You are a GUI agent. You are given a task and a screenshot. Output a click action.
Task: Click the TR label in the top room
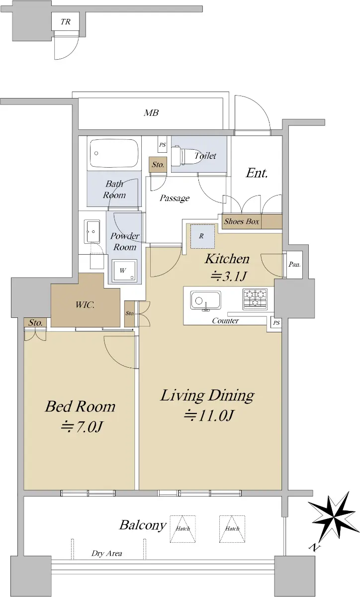click(x=66, y=21)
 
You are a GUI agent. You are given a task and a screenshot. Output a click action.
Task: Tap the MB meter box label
click(x=151, y=113)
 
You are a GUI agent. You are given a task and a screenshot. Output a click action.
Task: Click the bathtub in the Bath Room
click(x=114, y=153)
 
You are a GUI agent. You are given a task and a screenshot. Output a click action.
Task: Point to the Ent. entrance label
click(x=257, y=173)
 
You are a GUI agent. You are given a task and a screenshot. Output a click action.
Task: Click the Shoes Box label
click(x=242, y=221)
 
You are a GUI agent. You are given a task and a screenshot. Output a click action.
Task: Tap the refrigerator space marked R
click(x=202, y=236)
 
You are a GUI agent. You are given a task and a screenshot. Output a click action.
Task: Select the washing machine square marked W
click(x=124, y=271)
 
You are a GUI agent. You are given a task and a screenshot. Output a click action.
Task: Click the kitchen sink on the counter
click(x=205, y=300)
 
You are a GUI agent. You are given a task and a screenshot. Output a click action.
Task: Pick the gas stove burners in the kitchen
click(x=255, y=299)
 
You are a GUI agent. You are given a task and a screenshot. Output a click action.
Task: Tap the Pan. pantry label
click(x=294, y=264)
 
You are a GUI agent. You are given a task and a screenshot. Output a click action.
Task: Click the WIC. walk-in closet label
click(x=85, y=304)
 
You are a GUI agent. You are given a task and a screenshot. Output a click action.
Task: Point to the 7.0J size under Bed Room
click(x=82, y=427)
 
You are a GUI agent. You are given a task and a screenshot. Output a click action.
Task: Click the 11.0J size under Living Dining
click(x=209, y=415)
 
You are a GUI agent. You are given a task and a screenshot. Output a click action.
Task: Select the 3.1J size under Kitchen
click(x=228, y=276)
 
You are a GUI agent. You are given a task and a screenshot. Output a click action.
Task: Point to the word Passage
click(x=175, y=198)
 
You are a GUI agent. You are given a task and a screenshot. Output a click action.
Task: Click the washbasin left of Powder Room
click(x=92, y=232)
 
